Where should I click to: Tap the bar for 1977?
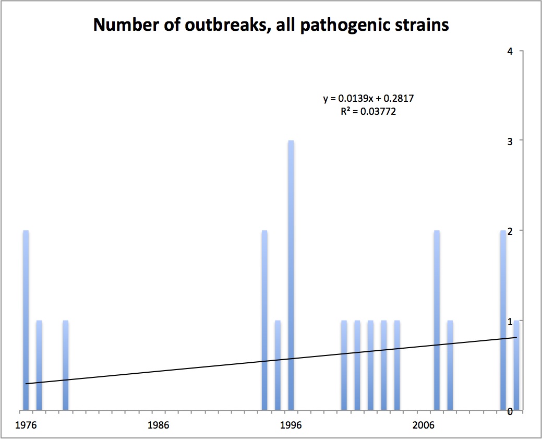39,365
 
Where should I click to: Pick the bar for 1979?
66,365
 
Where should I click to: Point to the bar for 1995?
278,365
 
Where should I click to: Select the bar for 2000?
344,365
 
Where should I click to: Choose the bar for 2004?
397,365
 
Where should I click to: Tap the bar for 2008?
450,365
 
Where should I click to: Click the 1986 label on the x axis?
158,425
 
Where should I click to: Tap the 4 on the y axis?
509,51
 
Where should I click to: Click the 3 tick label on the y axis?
509,141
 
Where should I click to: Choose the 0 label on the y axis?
509,411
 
